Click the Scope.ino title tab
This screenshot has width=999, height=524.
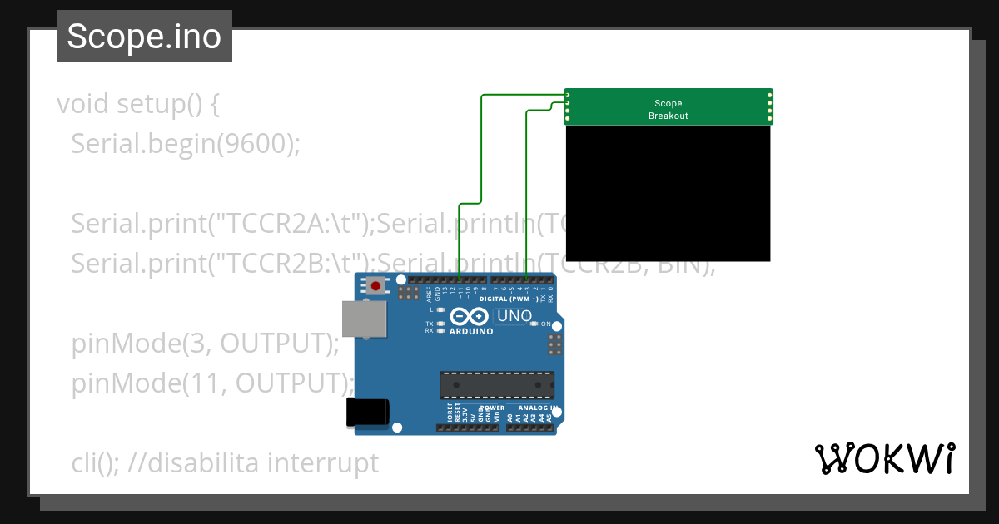[144, 37]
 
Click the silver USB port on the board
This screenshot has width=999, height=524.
[364, 319]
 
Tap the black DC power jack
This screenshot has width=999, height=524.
[365, 413]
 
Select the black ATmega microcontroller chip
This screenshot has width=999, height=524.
[497, 385]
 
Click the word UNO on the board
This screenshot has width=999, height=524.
[514, 316]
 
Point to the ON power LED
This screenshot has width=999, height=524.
[534, 324]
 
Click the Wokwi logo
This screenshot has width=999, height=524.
[884, 458]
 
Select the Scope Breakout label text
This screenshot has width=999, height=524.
[668, 110]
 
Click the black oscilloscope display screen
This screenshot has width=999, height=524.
[668, 193]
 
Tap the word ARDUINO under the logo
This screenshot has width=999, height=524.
[470, 331]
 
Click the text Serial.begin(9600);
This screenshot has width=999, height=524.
[185, 144]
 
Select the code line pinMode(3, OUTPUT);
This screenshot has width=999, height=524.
[205, 343]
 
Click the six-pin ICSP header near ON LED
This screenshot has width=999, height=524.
[554, 343]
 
